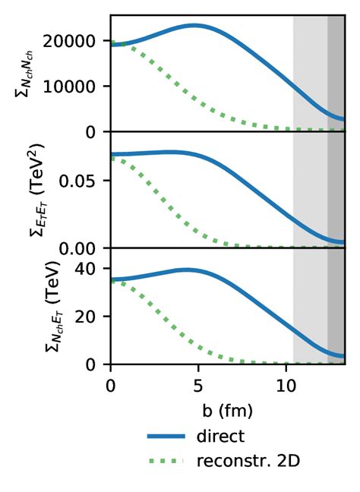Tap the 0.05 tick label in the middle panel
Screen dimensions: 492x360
pyautogui.click(x=90, y=181)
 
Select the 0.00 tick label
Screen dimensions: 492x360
pyautogui.click(x=90, y=248)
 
